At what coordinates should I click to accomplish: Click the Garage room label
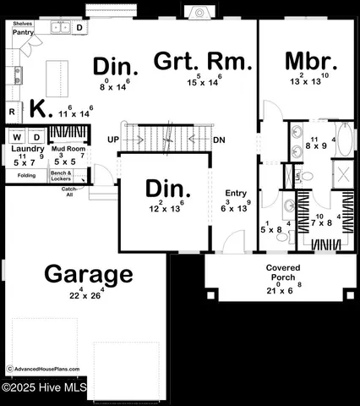[x=89, y=274]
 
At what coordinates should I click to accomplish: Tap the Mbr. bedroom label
[x=311, y=62]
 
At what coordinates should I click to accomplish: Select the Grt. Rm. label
[x=203, y=61]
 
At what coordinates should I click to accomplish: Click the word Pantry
[x=23, y=32]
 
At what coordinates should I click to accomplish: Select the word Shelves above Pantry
[x=23, y=24]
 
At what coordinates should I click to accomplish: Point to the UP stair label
[x=113, y=140]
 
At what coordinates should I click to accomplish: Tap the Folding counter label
[x=26, y=175]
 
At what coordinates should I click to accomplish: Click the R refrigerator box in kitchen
[x=13, y=111]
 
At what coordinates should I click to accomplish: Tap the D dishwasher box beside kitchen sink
[x=79, y=28]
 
